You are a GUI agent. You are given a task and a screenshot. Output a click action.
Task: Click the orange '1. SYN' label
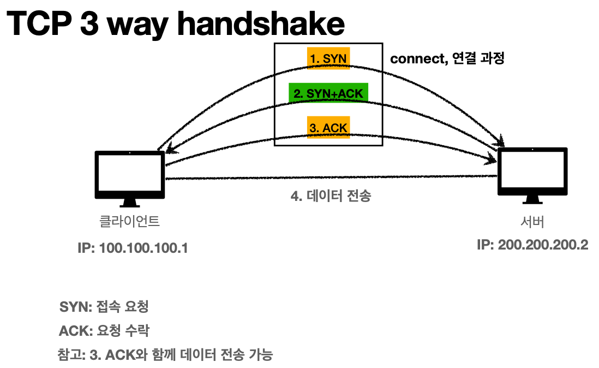328,58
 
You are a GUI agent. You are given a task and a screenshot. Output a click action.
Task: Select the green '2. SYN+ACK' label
328,93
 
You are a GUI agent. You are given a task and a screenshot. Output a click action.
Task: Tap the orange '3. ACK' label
328,128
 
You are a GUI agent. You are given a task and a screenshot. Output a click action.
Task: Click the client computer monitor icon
130,174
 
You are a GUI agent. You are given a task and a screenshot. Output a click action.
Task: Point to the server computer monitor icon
532,171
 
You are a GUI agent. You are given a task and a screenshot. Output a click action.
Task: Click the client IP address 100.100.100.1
133,248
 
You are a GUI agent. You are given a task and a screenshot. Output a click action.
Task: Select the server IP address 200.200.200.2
532,245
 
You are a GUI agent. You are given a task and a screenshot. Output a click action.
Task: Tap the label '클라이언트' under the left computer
129,222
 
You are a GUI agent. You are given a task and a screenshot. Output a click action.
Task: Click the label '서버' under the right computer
532,222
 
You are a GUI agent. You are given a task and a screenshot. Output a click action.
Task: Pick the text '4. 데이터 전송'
331,196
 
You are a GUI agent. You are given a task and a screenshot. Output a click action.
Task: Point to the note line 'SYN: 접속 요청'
104,307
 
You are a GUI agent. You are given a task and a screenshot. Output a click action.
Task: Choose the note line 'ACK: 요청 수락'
104,331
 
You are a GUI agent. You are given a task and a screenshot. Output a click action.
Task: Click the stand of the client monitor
130,203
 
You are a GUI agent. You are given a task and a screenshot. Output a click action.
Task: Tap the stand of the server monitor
532,200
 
